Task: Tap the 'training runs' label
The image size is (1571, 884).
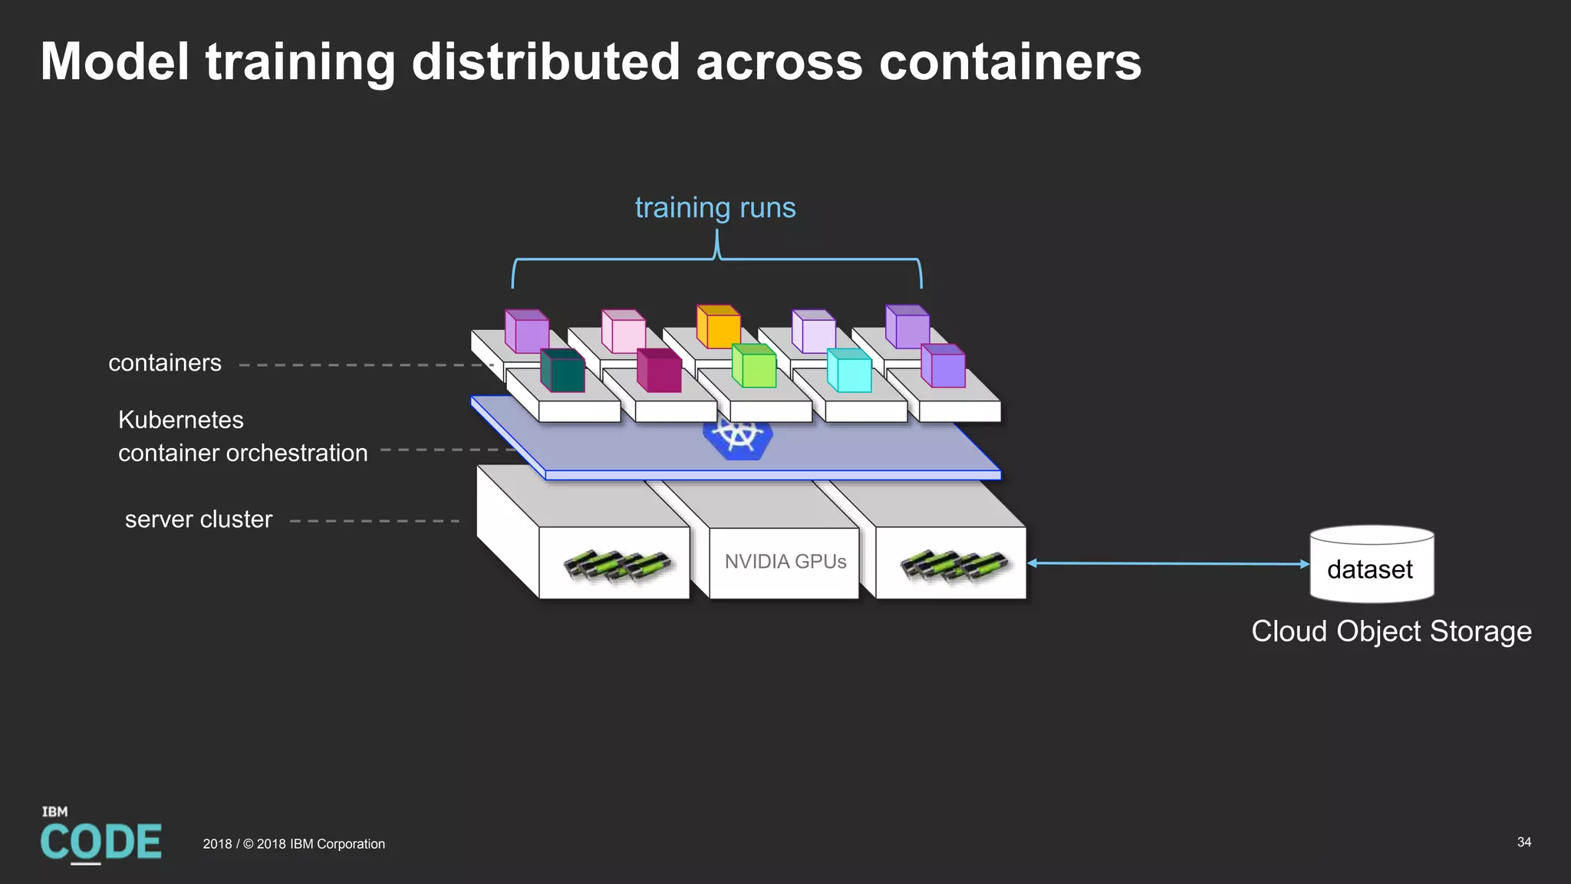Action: click(x=715, y=208)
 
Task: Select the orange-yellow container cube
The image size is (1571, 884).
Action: click(x=719, y=327)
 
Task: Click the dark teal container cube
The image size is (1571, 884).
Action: click(x=563, y=371)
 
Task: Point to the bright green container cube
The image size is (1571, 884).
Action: click(x=754, y=366)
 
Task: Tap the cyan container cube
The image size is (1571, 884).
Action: click(x=849, y=371)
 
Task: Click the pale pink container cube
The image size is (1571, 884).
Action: click(x=624, y=332)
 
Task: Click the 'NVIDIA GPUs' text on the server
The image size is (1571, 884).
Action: click(x=785, y=562)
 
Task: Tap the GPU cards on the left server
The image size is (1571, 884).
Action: click(x=618, y=566)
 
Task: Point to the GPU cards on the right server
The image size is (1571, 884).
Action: click(x=954, y=566)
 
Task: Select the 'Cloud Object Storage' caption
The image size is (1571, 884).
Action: click(x=1391, y=632)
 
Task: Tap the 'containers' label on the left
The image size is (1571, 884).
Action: click(x=165, y=363)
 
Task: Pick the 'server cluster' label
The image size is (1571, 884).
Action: click(x=199, y=520)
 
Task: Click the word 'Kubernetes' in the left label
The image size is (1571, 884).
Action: click(x=181, y=420)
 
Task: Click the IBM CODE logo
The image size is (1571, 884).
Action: click(x=100, y=836)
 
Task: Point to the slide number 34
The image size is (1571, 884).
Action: click(x=1523, y=842)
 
